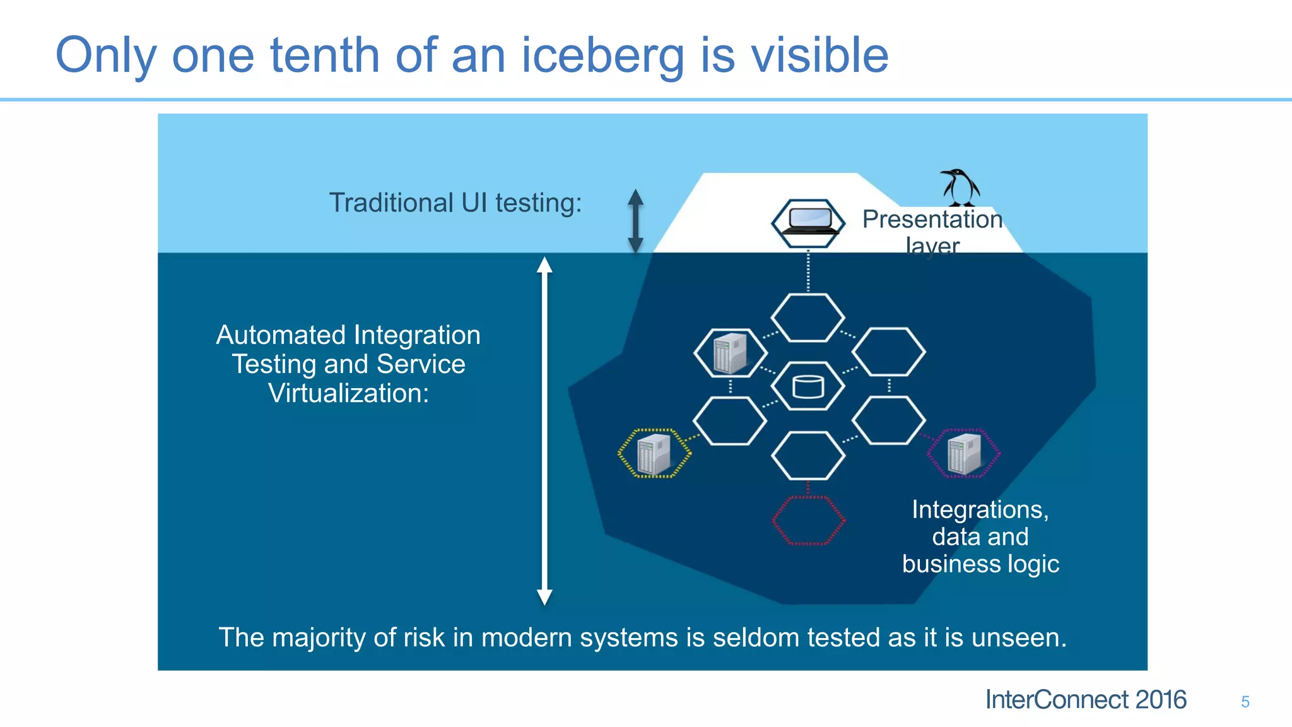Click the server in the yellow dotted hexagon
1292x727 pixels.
pos(654,454)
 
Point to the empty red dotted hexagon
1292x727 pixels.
pos(808,520)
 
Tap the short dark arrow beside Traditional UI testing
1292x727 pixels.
pos(636,221)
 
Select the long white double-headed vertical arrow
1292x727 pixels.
pos(544,431)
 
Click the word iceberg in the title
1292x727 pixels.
pos(602,56)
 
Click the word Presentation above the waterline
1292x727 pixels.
pos(932,219)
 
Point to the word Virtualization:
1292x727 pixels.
pos(348,393)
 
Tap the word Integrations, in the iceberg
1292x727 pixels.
pos(980,509)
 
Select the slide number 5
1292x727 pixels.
pos(1245,702)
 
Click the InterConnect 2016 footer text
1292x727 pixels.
pos(1085,700)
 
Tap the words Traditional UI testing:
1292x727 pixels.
pos(455,203)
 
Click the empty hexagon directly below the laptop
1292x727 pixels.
pos(808,318)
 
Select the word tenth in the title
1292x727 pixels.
pos(324,56)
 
